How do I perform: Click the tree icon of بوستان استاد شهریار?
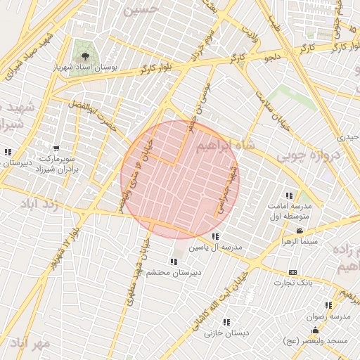point(85,54)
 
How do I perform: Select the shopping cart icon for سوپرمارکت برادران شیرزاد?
point(56,150)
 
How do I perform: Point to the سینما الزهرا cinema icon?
point(300,231)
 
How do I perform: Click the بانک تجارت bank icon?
point(292,272)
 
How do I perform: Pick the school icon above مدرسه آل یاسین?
point(215,236)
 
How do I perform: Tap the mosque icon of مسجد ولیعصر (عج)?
point(315,330)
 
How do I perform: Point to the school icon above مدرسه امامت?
point(288,195)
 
